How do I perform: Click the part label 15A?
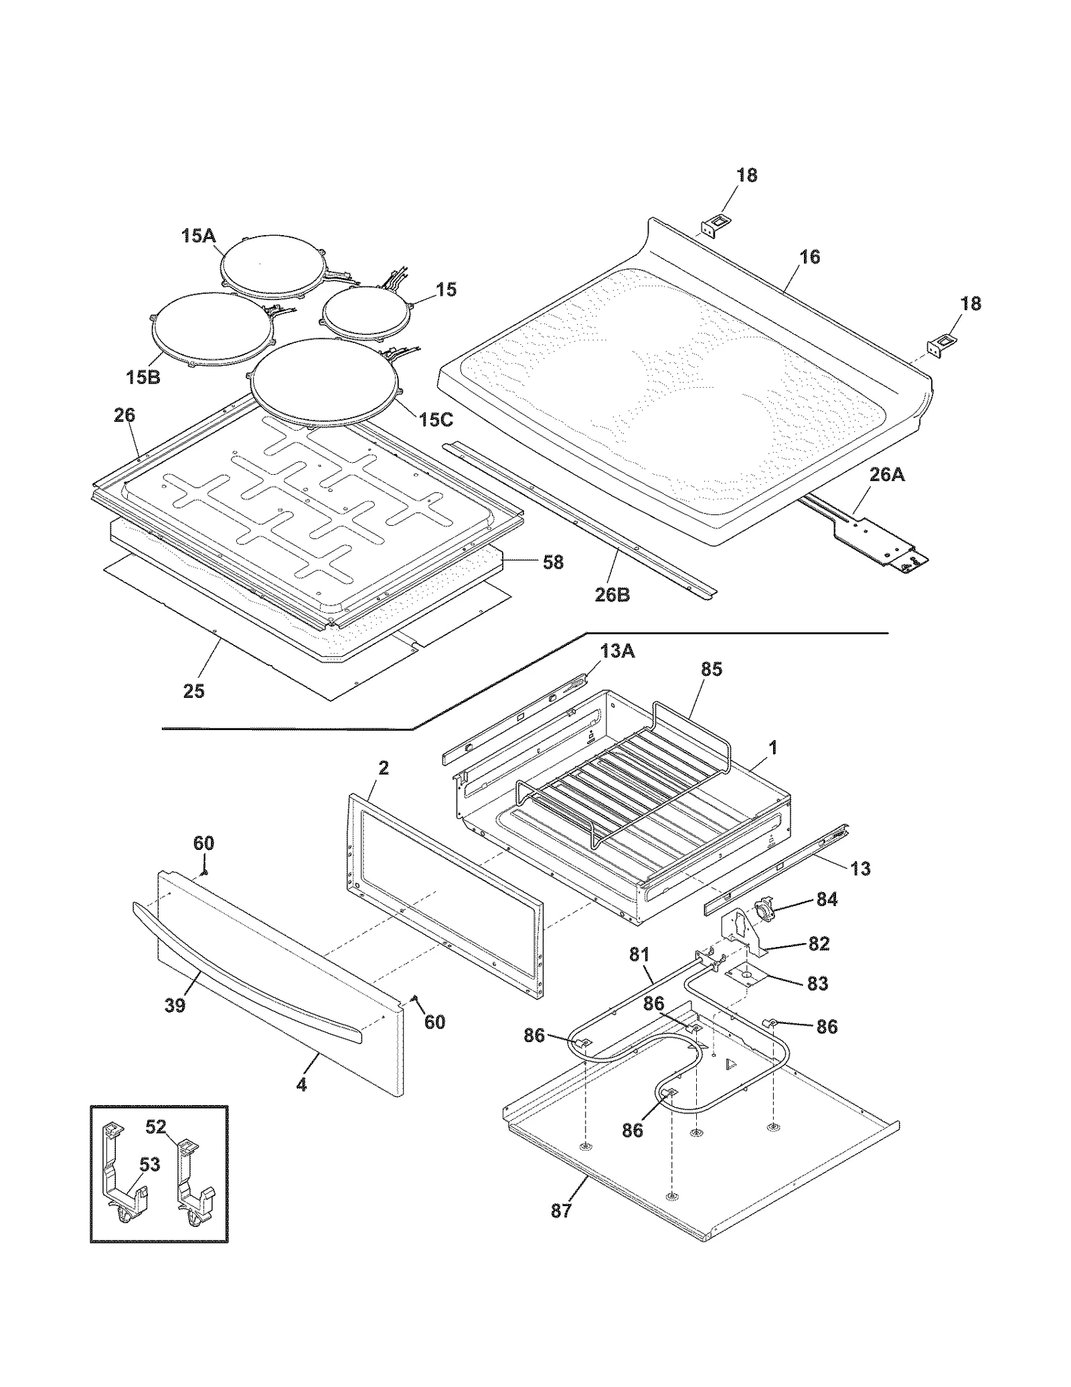tap(197, 236)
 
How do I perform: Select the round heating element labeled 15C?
tap(325, 382)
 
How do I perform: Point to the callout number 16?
tap(809, 257)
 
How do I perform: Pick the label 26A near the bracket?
tap(887, 475)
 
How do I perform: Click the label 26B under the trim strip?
tap(612, 594)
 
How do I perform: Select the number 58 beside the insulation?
tap(553, 563)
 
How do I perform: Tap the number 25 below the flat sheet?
tap(193, 691)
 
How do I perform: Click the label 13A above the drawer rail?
tap(616, 650)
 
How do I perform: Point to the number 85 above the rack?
tap(712, 669)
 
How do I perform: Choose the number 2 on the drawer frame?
tap(384, 768)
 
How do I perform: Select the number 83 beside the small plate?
tap(817, 984)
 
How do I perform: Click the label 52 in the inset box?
tap(155, 1127)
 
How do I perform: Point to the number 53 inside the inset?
tap(149, 1165)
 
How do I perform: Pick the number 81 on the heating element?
tap(639, 954)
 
